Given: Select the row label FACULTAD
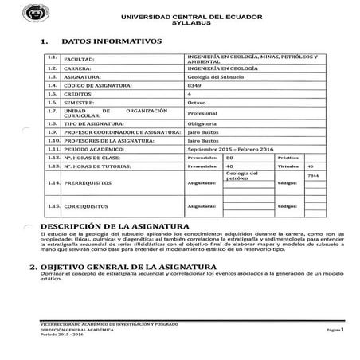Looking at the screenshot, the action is point(78,60).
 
